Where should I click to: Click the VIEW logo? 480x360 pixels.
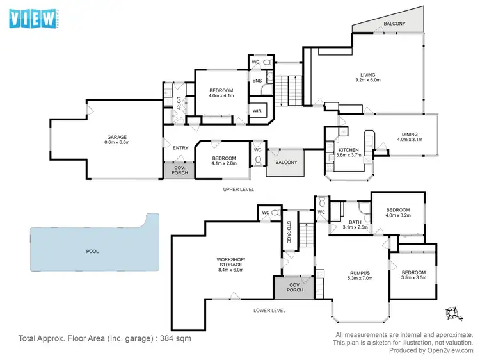(x=33, y=19)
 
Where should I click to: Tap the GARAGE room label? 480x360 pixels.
(x=117, y=140)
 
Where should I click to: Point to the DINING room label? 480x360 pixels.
(x=410, y=136)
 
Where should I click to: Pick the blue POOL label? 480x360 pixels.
(x=92, y=252)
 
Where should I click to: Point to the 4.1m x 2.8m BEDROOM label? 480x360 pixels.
(x=224, y=161)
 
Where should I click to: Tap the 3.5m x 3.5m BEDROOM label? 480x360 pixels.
(x=413, y=276)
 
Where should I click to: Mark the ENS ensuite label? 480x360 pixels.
(x=257, y=81)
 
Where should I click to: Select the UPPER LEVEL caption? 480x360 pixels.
(x=238, y=190)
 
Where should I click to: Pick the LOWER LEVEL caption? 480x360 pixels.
(x=269, y=311)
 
